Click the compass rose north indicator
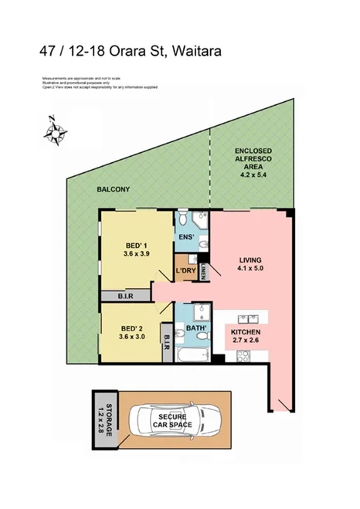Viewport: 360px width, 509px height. click(54, 131)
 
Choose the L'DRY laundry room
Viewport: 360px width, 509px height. click(185, 272)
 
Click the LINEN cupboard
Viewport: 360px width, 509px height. click(202, 272)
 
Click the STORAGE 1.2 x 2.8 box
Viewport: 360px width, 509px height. click(108, 422)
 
